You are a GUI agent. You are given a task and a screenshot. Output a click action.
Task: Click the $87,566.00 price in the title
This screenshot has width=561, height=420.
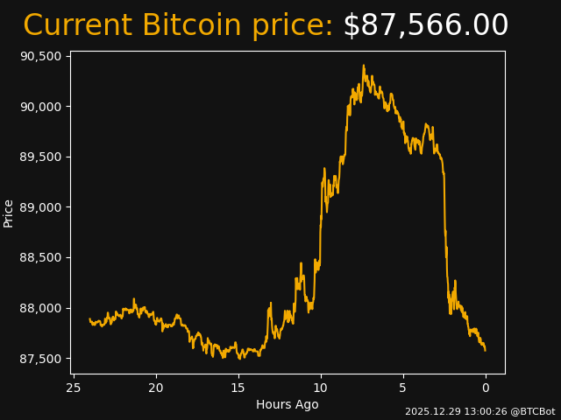pos(425,25)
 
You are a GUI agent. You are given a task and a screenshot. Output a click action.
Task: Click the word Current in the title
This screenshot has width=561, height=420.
pos(78,25)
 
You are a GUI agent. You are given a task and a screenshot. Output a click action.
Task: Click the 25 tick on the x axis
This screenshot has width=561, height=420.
pos(74,388)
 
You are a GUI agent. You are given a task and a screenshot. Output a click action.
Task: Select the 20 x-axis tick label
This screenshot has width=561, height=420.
pos(156,388)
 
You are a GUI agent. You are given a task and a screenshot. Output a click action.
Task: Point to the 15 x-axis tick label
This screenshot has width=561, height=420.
pos(238,388)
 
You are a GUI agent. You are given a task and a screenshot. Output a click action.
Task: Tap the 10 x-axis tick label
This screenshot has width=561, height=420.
pos(321,388)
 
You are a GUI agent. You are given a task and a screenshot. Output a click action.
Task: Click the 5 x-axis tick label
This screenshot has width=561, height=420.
pos(403,388)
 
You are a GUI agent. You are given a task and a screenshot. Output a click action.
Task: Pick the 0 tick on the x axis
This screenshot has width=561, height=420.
pos(486,388)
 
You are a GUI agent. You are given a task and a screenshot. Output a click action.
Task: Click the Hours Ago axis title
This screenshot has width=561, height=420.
pos(288,404)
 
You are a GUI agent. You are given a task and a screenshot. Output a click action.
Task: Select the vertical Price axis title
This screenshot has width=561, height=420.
pos(9,213)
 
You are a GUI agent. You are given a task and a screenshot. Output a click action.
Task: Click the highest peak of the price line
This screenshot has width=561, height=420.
pos(363,65)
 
